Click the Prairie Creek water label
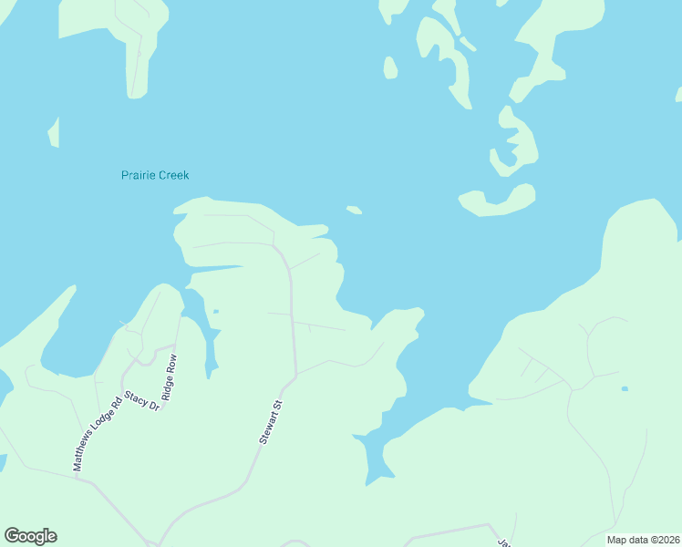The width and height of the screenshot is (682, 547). pyautogui.click(x=155, y=175)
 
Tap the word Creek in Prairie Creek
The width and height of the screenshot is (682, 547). pyautogui.click(x=173, y=175)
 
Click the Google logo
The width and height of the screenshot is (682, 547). pyautogui.click(x=30, y=536)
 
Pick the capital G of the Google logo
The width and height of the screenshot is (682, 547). pyautogui.click(x=11, y=535)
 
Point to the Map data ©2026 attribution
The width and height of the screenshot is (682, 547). pyautogui.click(x=642, y=540)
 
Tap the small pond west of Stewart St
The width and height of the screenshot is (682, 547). pyautogui.click(x=215, y=312)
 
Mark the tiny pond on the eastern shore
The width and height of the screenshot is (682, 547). pyautogui.click(x=624, y=389)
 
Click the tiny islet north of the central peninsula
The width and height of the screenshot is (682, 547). pyautogui.click(x=354, y=211)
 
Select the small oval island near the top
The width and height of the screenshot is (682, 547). pyautogui.click(x=390, y=67)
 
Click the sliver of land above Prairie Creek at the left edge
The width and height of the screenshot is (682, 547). pyautogui.click(x=54, y=133)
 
